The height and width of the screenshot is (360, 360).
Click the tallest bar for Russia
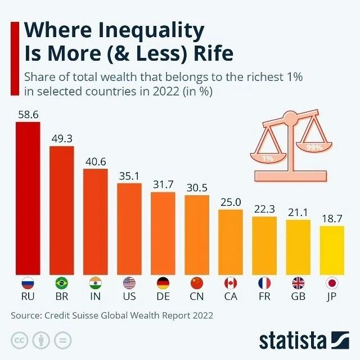(28, 197)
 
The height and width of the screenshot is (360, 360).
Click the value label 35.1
(129, 175)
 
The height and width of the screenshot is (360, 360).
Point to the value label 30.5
(197, 188)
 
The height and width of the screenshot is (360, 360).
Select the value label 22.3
(264, 209)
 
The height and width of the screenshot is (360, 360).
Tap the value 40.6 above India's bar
(95, 161)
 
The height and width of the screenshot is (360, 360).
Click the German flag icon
(163, 282)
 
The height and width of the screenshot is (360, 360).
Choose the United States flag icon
(129, 282)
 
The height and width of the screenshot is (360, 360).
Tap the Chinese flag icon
(197, 282)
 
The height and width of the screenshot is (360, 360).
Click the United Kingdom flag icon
(298, 282)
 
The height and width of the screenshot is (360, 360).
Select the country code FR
(264, 296)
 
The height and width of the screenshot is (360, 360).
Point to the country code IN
(95, 296)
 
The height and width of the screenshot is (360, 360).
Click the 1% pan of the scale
(268, 158)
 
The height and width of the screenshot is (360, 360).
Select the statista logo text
(292, 340)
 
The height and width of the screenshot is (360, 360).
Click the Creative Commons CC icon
(21, 340)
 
